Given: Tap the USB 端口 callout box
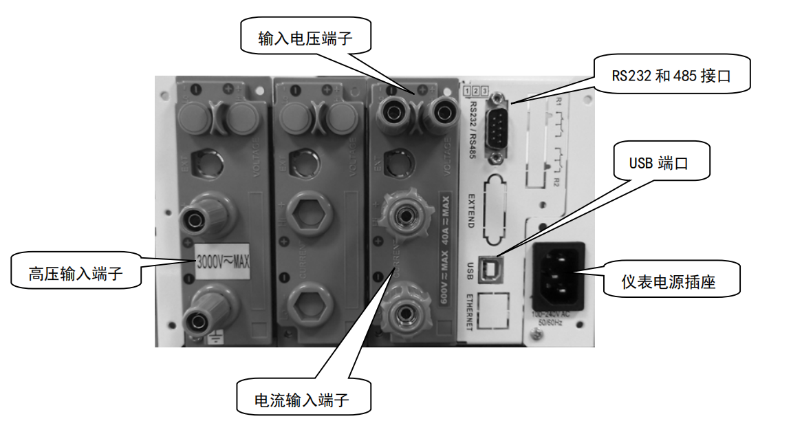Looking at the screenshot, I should [x=658, y=164].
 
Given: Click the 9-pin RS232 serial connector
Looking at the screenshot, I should [x=497, y=128].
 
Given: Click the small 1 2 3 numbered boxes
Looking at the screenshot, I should [x=476, y=91].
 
